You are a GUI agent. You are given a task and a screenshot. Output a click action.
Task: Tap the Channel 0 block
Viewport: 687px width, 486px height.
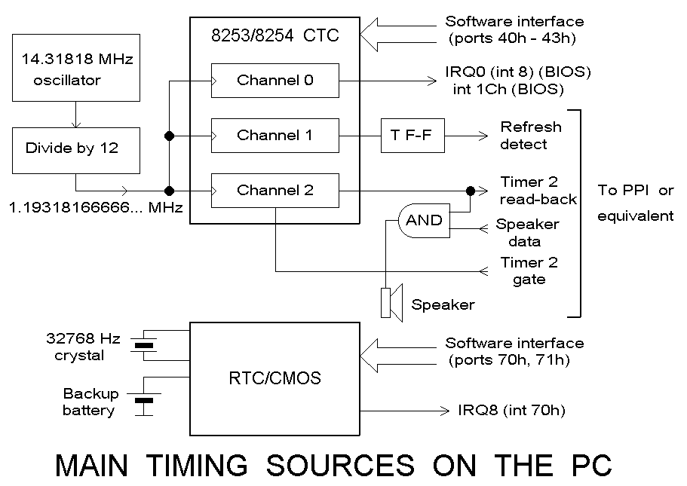274,80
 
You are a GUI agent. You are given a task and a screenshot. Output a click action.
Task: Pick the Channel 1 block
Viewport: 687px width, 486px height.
274,136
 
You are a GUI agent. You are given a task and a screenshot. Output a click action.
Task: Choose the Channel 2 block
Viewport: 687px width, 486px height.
274,190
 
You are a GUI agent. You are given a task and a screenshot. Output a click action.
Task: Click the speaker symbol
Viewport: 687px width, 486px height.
392,303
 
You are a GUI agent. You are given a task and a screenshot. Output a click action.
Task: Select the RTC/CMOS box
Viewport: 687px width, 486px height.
274,377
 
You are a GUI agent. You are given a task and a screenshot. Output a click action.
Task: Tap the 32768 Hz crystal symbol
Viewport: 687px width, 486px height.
143,346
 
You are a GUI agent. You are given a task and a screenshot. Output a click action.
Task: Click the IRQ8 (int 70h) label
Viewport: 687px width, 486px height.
511,411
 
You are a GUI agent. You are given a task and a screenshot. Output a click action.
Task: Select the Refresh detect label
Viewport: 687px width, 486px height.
531,135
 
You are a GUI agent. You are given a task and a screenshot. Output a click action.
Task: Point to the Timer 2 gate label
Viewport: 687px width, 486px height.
529,271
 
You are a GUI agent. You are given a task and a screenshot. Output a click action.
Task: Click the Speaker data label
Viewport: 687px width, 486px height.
527,233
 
